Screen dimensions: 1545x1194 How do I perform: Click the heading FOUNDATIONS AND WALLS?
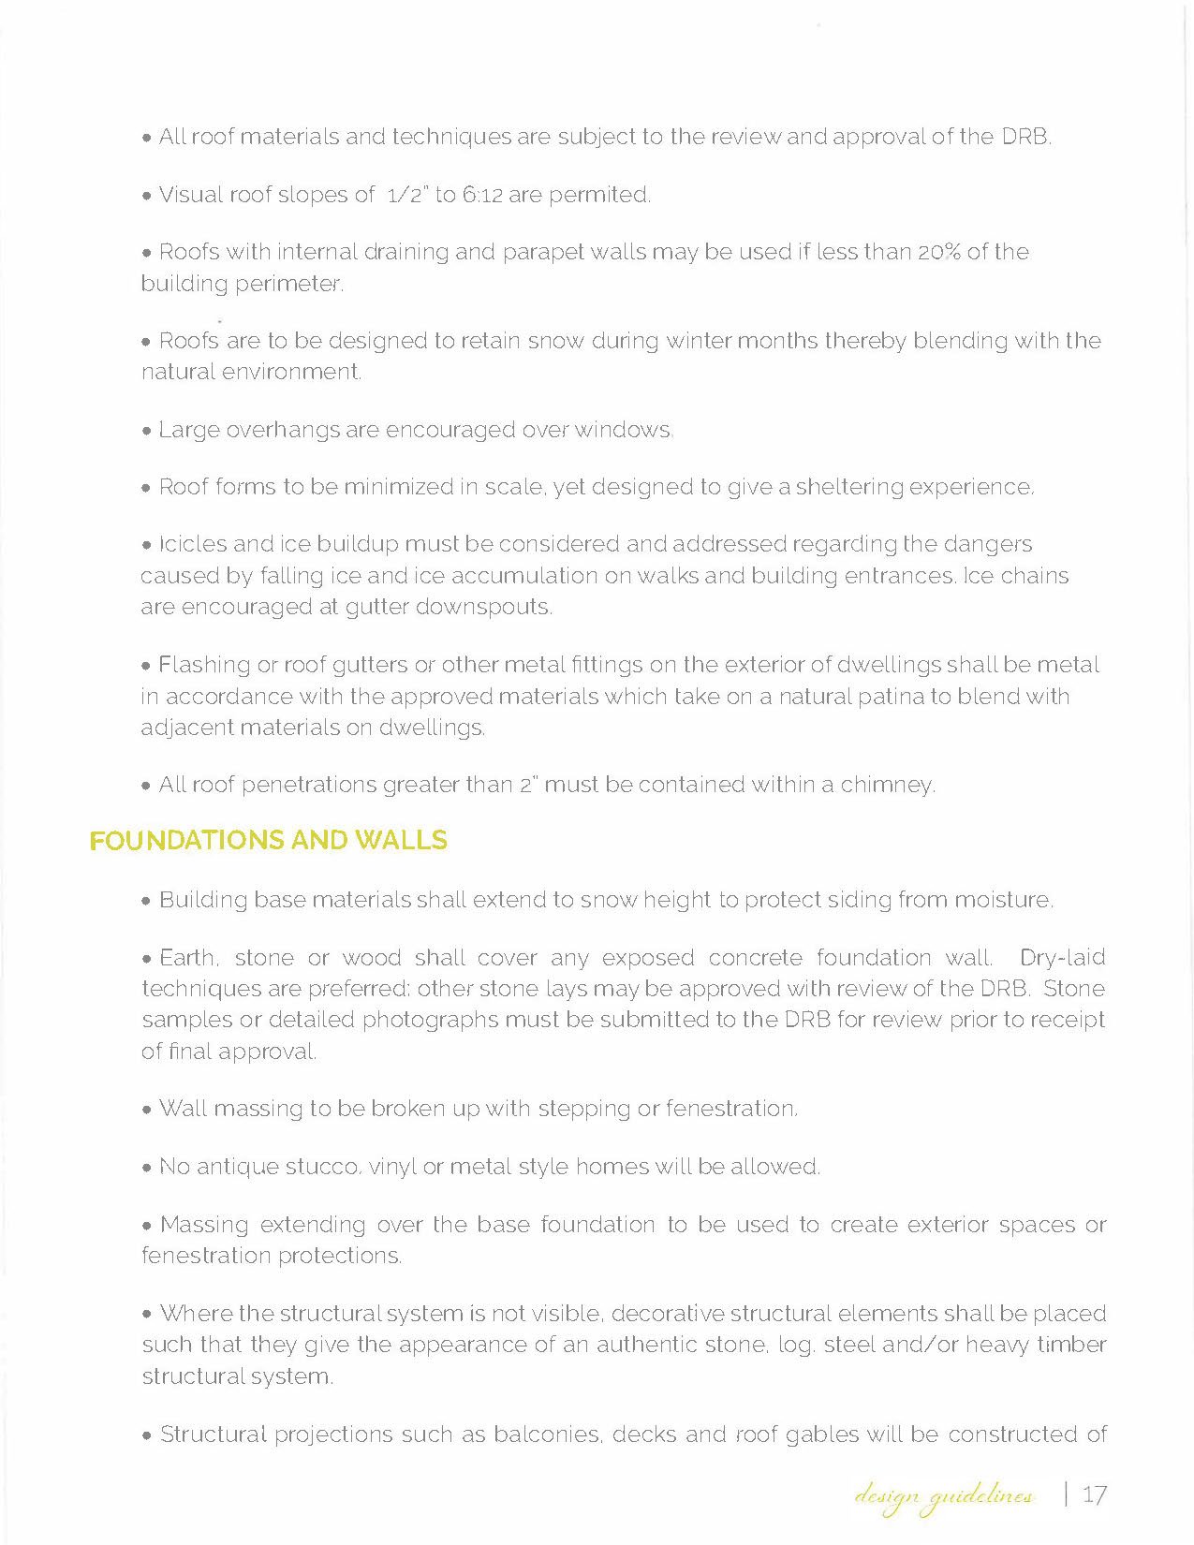(x=268, y=841)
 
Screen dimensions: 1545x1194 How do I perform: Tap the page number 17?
(x=1094, y=1494)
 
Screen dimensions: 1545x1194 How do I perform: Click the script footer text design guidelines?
(x=943, y=1496)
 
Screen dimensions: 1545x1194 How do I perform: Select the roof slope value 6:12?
(x=482, y=195)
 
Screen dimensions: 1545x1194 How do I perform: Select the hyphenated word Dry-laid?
(x=1062, y=957)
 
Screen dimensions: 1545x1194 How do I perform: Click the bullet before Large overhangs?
(x=146, y=432)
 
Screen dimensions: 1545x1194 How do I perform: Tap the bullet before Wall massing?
(x=147, y=1111)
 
